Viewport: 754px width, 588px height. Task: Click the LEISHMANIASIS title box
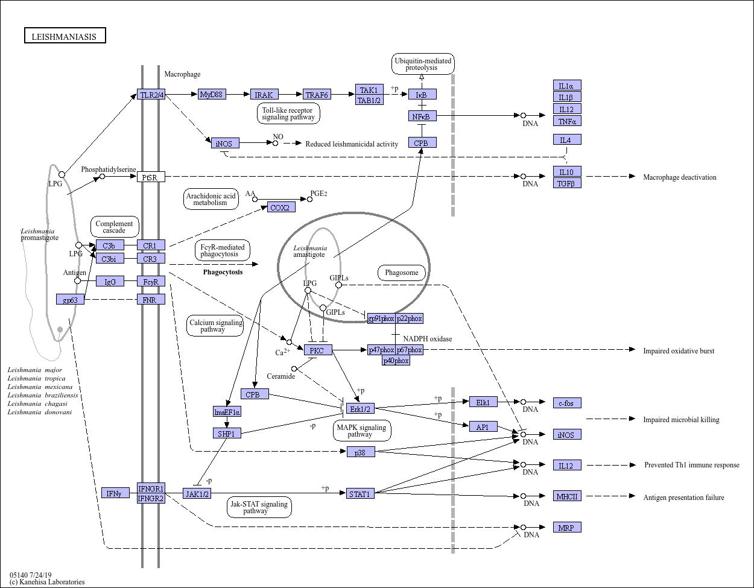[x=65, y=36]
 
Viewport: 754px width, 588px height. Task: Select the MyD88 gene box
[x=212, y=94]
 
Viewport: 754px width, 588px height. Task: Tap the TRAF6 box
[x=317, y=94]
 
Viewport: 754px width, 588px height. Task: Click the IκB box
[x=422, y=94]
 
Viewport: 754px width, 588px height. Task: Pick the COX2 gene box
[x=281, y=207]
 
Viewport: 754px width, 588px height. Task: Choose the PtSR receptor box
[x=151, y=177]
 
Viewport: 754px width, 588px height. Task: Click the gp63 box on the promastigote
[x=70, y=299]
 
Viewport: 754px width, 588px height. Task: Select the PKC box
[x=318, y=350]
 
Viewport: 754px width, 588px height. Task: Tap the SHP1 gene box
[x=227, y=433]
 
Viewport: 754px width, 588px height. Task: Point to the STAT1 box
[x=360, y=494]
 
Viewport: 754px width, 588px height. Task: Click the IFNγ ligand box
[x=116, y=493]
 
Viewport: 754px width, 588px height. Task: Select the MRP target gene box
[x=567, y=527]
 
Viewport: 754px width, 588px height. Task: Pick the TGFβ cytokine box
[x=567, y=183]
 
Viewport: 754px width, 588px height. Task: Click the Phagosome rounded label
[x=402, y=273]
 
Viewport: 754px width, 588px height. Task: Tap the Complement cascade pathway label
[x=115, y=227]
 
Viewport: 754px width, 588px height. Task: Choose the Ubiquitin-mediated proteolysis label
[x=423, y=64]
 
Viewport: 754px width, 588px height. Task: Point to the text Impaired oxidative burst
[x=679, y=351]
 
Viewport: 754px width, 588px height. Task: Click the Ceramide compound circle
[x=294, y=368]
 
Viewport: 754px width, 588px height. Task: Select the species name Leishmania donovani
[x=40, y=412]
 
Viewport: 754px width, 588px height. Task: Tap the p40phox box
[x=396, y=361]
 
